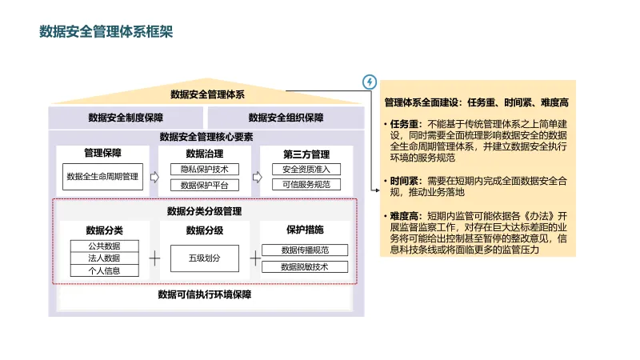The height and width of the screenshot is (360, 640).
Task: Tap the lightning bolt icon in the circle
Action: coord(369,82)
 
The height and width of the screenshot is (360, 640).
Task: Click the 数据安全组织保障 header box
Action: coord(286,118)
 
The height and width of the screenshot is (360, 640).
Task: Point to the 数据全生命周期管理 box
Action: coord(102,177)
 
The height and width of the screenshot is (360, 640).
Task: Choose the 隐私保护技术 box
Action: coord(205,170)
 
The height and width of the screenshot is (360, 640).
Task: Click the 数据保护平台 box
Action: coord(205,186)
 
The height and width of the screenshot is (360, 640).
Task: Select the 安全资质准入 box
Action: coord(306,170)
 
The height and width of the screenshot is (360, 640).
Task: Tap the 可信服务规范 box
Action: coord(306,185)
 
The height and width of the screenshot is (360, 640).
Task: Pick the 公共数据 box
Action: coord(105,246)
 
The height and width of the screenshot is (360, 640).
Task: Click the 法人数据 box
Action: coord(105,258)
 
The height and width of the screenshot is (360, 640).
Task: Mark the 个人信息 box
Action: coord(105,270)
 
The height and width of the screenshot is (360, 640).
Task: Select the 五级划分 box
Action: coord(205,258)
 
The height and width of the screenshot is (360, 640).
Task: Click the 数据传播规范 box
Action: coord(305,250)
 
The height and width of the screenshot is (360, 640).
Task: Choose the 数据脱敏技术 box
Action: coord(305,266)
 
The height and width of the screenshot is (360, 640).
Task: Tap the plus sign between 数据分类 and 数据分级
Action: coord(154,258)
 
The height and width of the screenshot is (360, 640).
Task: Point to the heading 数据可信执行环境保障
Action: coord(205,295)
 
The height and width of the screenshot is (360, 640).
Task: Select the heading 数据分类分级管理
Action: coord(205,212)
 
